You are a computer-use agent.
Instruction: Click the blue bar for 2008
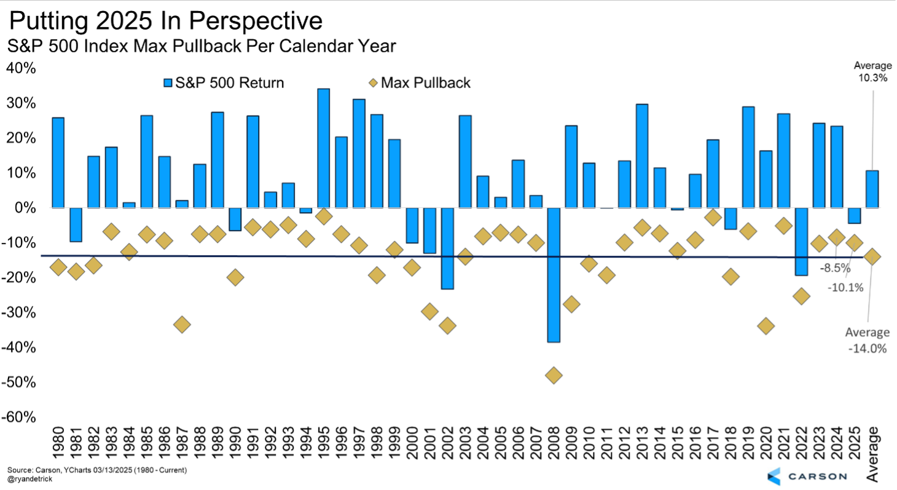click(x=553, y=275)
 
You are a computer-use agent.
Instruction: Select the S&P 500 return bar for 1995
click(x=323, y=148)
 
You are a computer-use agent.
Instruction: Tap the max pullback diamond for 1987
click(x=182, y=324)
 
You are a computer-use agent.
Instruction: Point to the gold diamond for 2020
click(x=766, y=326)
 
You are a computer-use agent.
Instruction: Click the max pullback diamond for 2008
click(x=553, y=375)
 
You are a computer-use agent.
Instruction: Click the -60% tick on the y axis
click(x=22, y=417)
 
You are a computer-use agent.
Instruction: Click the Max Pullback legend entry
click(x=420, y=82)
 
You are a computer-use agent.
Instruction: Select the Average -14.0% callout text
click(x=867, y=340)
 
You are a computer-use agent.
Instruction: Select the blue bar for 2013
click(x=642, y=156)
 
